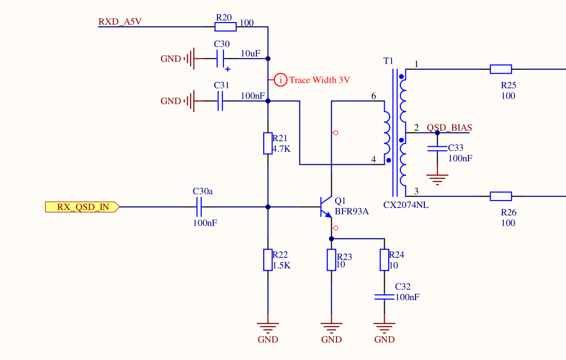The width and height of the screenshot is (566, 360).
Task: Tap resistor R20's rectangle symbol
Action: (226, 26)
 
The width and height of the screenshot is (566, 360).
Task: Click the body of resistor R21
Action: (268, 143)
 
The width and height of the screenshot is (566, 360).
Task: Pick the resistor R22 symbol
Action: (268, 260)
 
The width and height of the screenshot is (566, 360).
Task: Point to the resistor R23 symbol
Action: (331, 260)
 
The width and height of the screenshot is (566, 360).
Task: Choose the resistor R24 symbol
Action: (384, 260)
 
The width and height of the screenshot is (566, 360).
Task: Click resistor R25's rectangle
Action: (501, 69)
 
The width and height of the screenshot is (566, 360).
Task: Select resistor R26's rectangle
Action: (501, 196)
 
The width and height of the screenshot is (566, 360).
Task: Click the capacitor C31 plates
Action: (221, 101)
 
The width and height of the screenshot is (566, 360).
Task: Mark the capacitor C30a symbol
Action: (199, 207)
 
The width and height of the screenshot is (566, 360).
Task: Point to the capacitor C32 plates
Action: (384, 297)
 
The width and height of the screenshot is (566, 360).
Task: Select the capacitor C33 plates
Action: (437, 148)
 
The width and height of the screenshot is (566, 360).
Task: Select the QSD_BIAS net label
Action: (449, 128)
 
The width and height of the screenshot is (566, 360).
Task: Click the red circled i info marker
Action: (280, 80)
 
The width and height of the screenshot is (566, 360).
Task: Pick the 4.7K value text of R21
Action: (281, 148)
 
